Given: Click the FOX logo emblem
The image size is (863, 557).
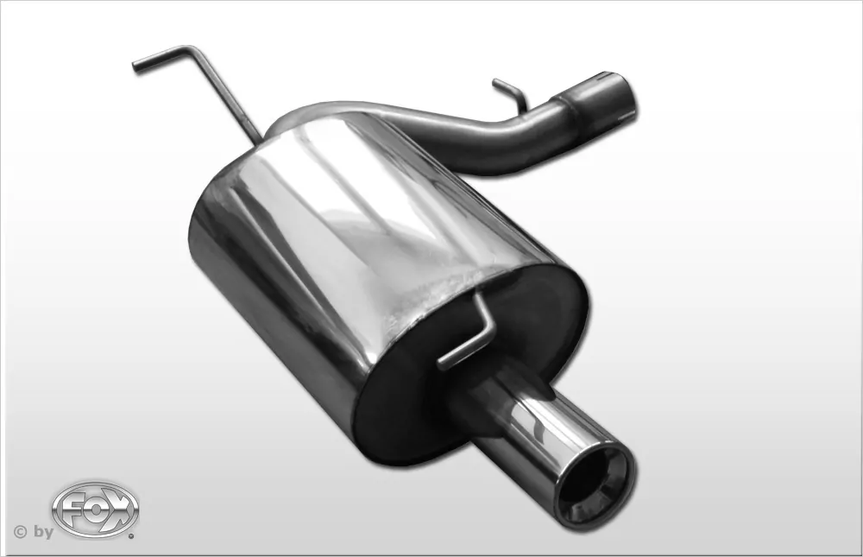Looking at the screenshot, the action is (x=95, y=509).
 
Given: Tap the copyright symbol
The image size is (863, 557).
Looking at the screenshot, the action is (x=21, y=532).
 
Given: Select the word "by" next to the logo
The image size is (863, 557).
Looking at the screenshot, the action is (x=43, y=532).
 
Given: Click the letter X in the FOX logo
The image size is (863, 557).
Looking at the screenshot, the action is (x=122, y=509).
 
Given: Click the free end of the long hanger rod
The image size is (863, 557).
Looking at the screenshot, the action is (x=135, y=67).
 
